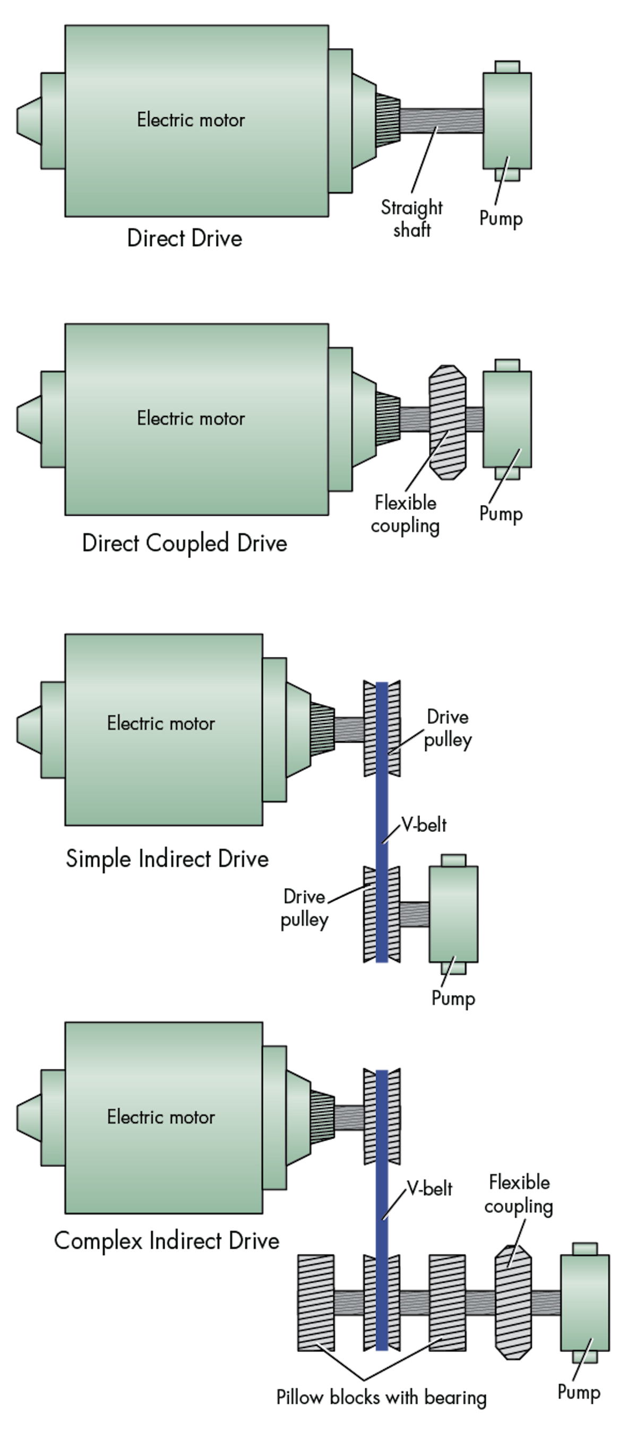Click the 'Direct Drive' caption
pyautogui.click(x=184, y=238)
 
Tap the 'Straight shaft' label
pyautogui.click(x=411, y=218)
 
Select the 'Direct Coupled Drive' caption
pyautogui.click(x=184, y=543)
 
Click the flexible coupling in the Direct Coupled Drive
pyautogui.click(x=447, y=422)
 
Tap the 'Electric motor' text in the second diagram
pyautogui.click(x=191, y=418)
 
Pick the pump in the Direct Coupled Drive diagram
pyautogui.click(x=507, y=420)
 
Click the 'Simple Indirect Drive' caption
pyautogui.click(x=167, y=858)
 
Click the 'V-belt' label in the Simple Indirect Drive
pyautogui.click(x=424, y=824)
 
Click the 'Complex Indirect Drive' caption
pyautogui.click(x=167, y=1240)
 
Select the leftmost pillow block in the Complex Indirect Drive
pyautogui.click(x=316, y=1302)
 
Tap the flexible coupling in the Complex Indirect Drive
pyautogui.click(x=513, y=1302)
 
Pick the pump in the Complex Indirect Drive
pyautogui.click(x=584, y=1302)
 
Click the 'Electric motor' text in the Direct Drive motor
pyautogui.click(x=191, y=119)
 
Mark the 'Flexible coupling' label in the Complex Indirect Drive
pyautogui.click(x=519, y=1193)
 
